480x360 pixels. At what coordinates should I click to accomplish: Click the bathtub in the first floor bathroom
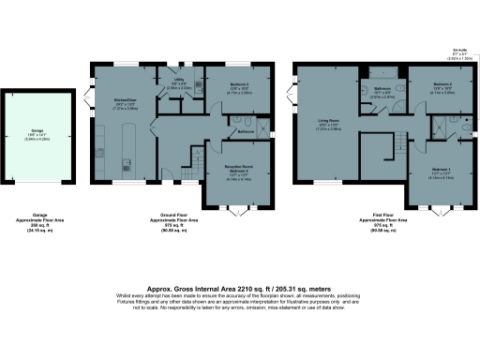382,72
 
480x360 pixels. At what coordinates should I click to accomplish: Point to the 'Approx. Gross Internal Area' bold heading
239,290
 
